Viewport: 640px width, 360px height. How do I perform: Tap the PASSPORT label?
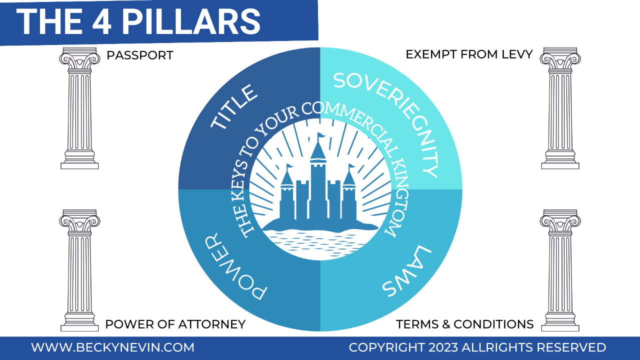pos(140,55)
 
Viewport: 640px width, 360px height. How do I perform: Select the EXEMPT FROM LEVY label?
pos(469,54)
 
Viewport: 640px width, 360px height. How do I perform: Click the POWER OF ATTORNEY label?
pos(175,324)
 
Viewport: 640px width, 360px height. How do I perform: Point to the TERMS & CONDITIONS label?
pos(464,324)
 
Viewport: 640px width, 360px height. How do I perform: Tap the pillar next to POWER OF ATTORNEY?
pos(79,270)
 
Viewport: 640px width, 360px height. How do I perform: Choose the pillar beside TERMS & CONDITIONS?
pos(560,270)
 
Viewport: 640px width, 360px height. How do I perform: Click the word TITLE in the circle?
pos(234,109)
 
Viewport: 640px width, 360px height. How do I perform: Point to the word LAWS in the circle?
pos(405,270)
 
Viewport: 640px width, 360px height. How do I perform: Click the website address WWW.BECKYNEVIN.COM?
pos(112,347)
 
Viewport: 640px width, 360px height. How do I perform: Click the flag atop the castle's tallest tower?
pos(320,136)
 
